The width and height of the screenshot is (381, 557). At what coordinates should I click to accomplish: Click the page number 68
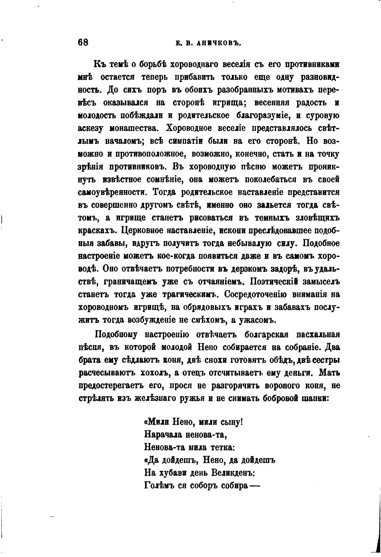[83, 42]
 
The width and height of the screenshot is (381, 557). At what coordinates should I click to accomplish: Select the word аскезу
[92, 128]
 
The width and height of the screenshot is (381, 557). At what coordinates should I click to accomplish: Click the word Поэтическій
[274, 282]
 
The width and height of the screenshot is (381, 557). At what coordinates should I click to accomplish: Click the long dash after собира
[255, 486]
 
